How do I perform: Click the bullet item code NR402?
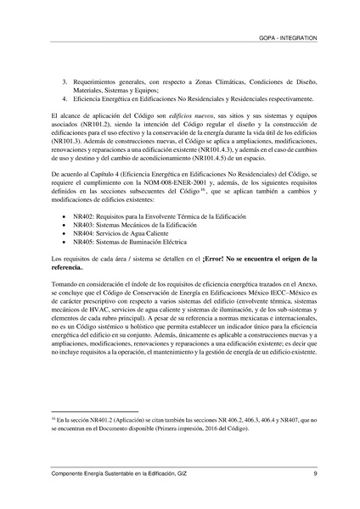click(82, 208)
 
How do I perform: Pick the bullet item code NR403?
click(82, 217)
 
